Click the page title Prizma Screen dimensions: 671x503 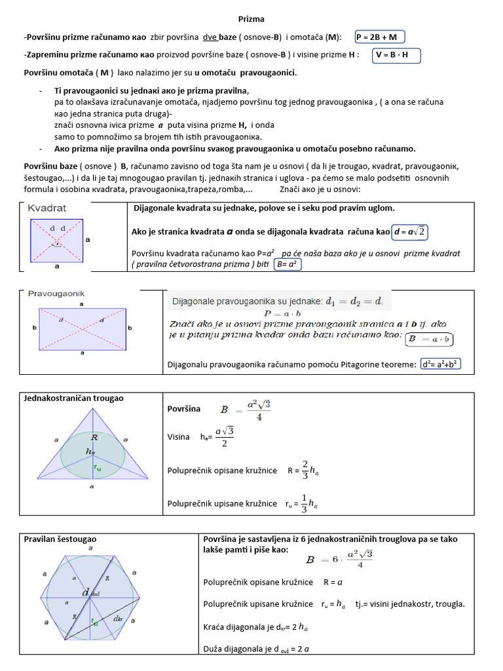[251, 19]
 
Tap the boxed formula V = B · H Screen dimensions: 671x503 [396, 55]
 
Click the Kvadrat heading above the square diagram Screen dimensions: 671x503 [47, 208]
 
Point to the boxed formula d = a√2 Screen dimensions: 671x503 [411, 231]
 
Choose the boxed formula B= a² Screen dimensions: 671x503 [288, 265]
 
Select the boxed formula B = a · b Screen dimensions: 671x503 [430, 339]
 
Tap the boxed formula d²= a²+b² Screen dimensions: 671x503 [441, 364]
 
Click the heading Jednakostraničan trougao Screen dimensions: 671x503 [73, 398]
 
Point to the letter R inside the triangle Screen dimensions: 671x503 [94, 436]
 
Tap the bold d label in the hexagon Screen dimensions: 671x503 [86, 592]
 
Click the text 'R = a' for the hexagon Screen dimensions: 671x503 [333, 582]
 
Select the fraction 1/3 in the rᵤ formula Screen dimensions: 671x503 [305, 503]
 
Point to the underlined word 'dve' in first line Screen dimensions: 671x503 [210, 37]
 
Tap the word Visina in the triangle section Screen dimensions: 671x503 [179, 436]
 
